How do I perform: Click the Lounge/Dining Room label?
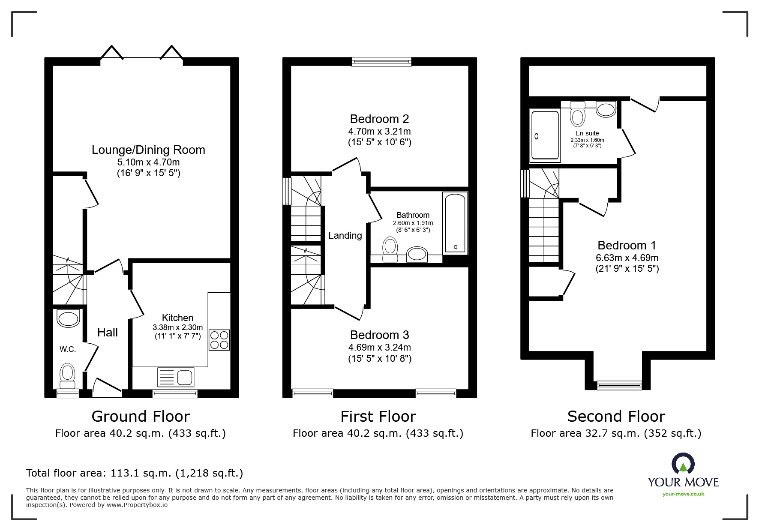[x=148, y=150]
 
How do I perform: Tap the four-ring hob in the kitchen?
[x=219, y=340]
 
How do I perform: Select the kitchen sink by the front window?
[x=176, y=377]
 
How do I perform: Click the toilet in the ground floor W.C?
[x=67, y=376]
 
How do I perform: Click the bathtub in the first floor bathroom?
[x=455, y=223]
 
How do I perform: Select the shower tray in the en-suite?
[x=545, y=136]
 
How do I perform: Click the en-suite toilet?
[x=578, y=113]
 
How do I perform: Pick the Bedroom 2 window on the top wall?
[x=381, y=62]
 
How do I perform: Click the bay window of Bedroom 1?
[x=619, y=385]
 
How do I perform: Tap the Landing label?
[x=345, y=235]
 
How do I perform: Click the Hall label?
[x=107, y=332]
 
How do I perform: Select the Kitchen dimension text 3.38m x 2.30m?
[x=177, y=327]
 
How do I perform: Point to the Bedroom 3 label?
[x=379, y=335]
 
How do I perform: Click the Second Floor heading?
[x=616, y=416]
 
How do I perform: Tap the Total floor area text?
[x=135, y=473]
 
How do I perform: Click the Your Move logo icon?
[x=683, y=464]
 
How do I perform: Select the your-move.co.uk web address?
[x=683, y=494]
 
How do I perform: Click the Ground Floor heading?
[x=141, y=416]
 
